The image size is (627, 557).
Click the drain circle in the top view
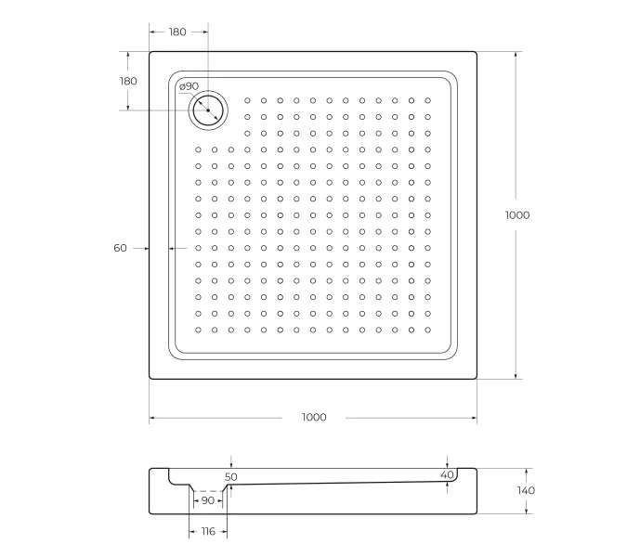[x=208, y=110]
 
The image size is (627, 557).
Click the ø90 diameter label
[x=189, y=86]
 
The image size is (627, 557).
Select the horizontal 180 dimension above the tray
[x=177, y=32]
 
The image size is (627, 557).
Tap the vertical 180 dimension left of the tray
[x=128, y=81]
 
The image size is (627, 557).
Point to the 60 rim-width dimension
[x=120, y=248]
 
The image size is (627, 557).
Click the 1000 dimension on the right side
[x=517, y=214]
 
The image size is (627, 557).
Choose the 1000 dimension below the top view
[x=314, y=418]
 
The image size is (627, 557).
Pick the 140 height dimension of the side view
[x=526, y=490]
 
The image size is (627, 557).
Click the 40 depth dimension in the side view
[x=448, y=475]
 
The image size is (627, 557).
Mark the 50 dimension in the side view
[x=231, y=476]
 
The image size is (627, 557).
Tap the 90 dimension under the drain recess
[x=207, y=500]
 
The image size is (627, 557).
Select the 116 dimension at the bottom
[x=207, y=531]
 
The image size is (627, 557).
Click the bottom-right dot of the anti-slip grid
[x=427, y=330]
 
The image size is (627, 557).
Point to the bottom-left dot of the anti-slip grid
[x=199, y=330]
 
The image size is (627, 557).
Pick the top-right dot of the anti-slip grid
[x=427, y=100]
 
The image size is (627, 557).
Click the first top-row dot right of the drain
[x=248, y=100]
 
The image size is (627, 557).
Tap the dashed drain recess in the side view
[x=208, y=490]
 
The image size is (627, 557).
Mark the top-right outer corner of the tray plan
[x=476, y=53]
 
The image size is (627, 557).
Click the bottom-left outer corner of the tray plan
[x=150, y=378]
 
